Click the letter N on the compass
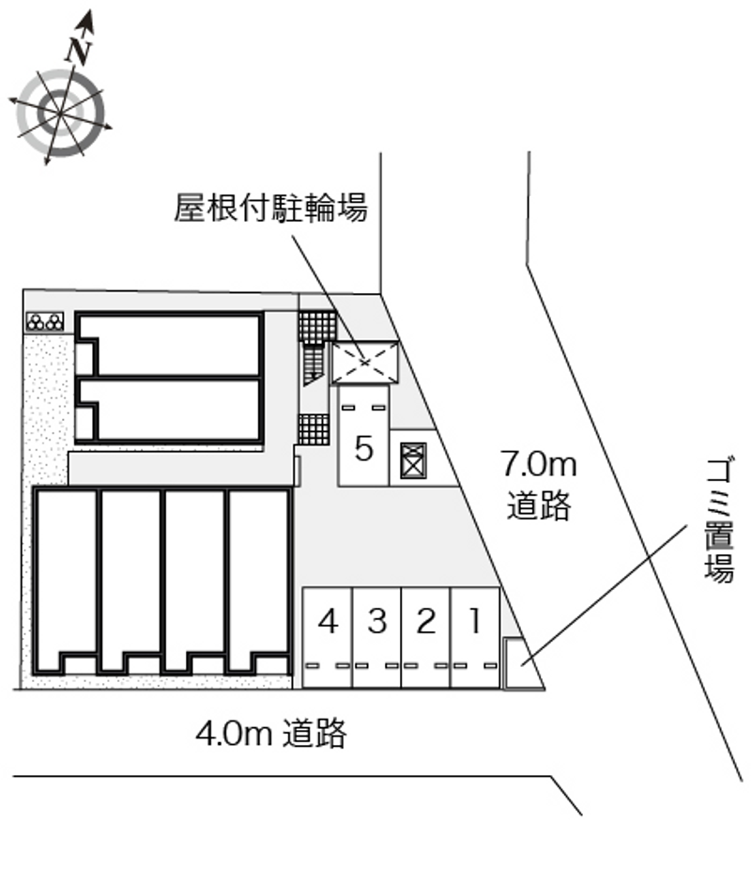pos(79,50)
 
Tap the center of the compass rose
pos(60,114)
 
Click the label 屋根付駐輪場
pos(270,208)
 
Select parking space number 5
pos(363,435)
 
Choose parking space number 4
pos(328,638)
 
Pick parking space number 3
pos(377,638)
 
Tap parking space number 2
pos(426,638)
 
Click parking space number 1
pos(475,638)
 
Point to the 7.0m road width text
pos(539,465)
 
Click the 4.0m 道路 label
pos(271,734)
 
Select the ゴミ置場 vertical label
pos(719,520)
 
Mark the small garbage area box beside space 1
pos(513,663)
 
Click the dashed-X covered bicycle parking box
pos(364,363)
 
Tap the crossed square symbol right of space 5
pos(413,460)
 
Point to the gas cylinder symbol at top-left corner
pos(44,322)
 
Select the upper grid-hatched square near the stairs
pos(317,326)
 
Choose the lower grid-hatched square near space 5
pos(314,429)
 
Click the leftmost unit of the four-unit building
pos(65,581)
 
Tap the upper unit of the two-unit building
pos(169,344)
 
